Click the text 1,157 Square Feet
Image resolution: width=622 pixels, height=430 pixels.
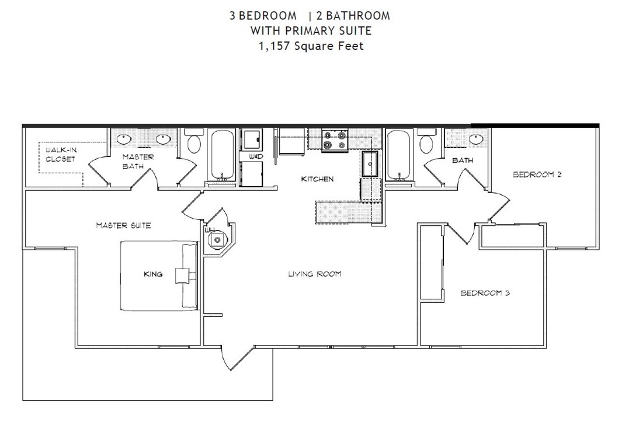tap(311, 46)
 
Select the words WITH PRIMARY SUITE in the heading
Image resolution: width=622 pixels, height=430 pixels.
tap(311, 31)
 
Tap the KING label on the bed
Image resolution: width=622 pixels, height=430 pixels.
tap(153, 274)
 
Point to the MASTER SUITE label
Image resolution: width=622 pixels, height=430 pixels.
tap(123, 225)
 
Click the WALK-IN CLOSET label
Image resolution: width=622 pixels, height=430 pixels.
tap(60, 155)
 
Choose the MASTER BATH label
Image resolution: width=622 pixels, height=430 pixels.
tap(138, 162)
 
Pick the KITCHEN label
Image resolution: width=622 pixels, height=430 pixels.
tap(317, 179)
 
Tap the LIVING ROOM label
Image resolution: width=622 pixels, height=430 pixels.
tap(314, 274)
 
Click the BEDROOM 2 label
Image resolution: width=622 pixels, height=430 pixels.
tap(537, 174)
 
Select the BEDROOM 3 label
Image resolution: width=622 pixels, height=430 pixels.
tap(485, 293)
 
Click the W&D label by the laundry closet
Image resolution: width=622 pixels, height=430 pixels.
tap(255, 157)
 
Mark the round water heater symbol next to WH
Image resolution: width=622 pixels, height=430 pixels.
tap(218, 239)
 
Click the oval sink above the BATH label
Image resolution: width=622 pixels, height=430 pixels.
tap(476, 139)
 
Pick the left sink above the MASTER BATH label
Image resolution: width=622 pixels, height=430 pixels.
tap(124, 139)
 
